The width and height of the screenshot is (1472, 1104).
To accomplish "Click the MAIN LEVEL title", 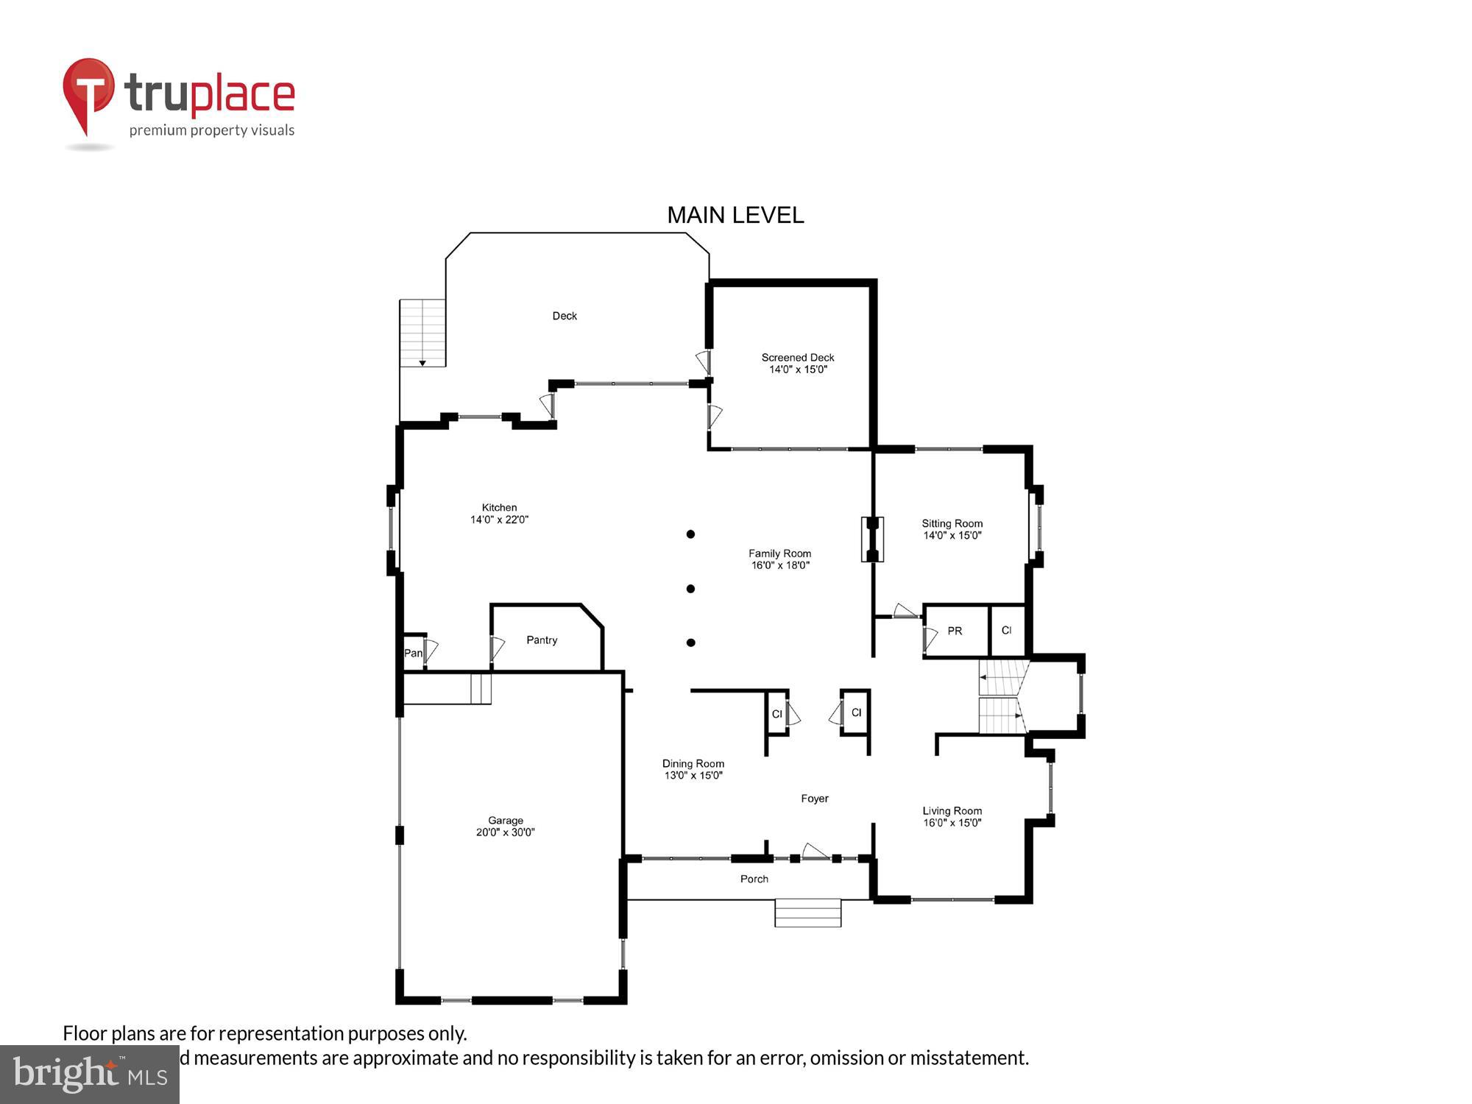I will (735, 215).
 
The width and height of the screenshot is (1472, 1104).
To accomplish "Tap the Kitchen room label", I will (499, 507).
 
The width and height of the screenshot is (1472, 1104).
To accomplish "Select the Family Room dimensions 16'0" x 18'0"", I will (780, 565).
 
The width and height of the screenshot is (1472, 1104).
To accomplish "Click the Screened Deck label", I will (798, 358).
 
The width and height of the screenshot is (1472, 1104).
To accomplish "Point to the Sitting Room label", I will (952, 523).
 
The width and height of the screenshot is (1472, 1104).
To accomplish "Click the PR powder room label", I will (955, 631).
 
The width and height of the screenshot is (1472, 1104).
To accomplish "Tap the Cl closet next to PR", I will (1006, 631).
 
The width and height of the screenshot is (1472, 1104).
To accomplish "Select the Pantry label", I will (542, 640).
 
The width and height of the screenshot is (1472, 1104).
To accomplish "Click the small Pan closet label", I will (413, 653).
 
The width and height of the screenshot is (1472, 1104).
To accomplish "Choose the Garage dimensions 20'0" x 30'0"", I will (505, 832).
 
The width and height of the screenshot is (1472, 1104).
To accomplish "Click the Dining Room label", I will (693, 763).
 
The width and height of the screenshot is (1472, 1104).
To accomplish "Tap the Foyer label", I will (815, 799).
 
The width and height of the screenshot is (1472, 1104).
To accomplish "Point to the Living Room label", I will (952, 811).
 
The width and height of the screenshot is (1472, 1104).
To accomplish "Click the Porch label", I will (754, 879).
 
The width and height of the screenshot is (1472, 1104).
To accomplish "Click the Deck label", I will (565, 316).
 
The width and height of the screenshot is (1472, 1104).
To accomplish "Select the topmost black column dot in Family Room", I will (690, 534).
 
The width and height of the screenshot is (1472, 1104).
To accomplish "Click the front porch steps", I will (807, 913).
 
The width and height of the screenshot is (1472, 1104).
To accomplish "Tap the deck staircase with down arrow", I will (422, 333).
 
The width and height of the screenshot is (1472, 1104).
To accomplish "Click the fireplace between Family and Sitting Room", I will (872, 539).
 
